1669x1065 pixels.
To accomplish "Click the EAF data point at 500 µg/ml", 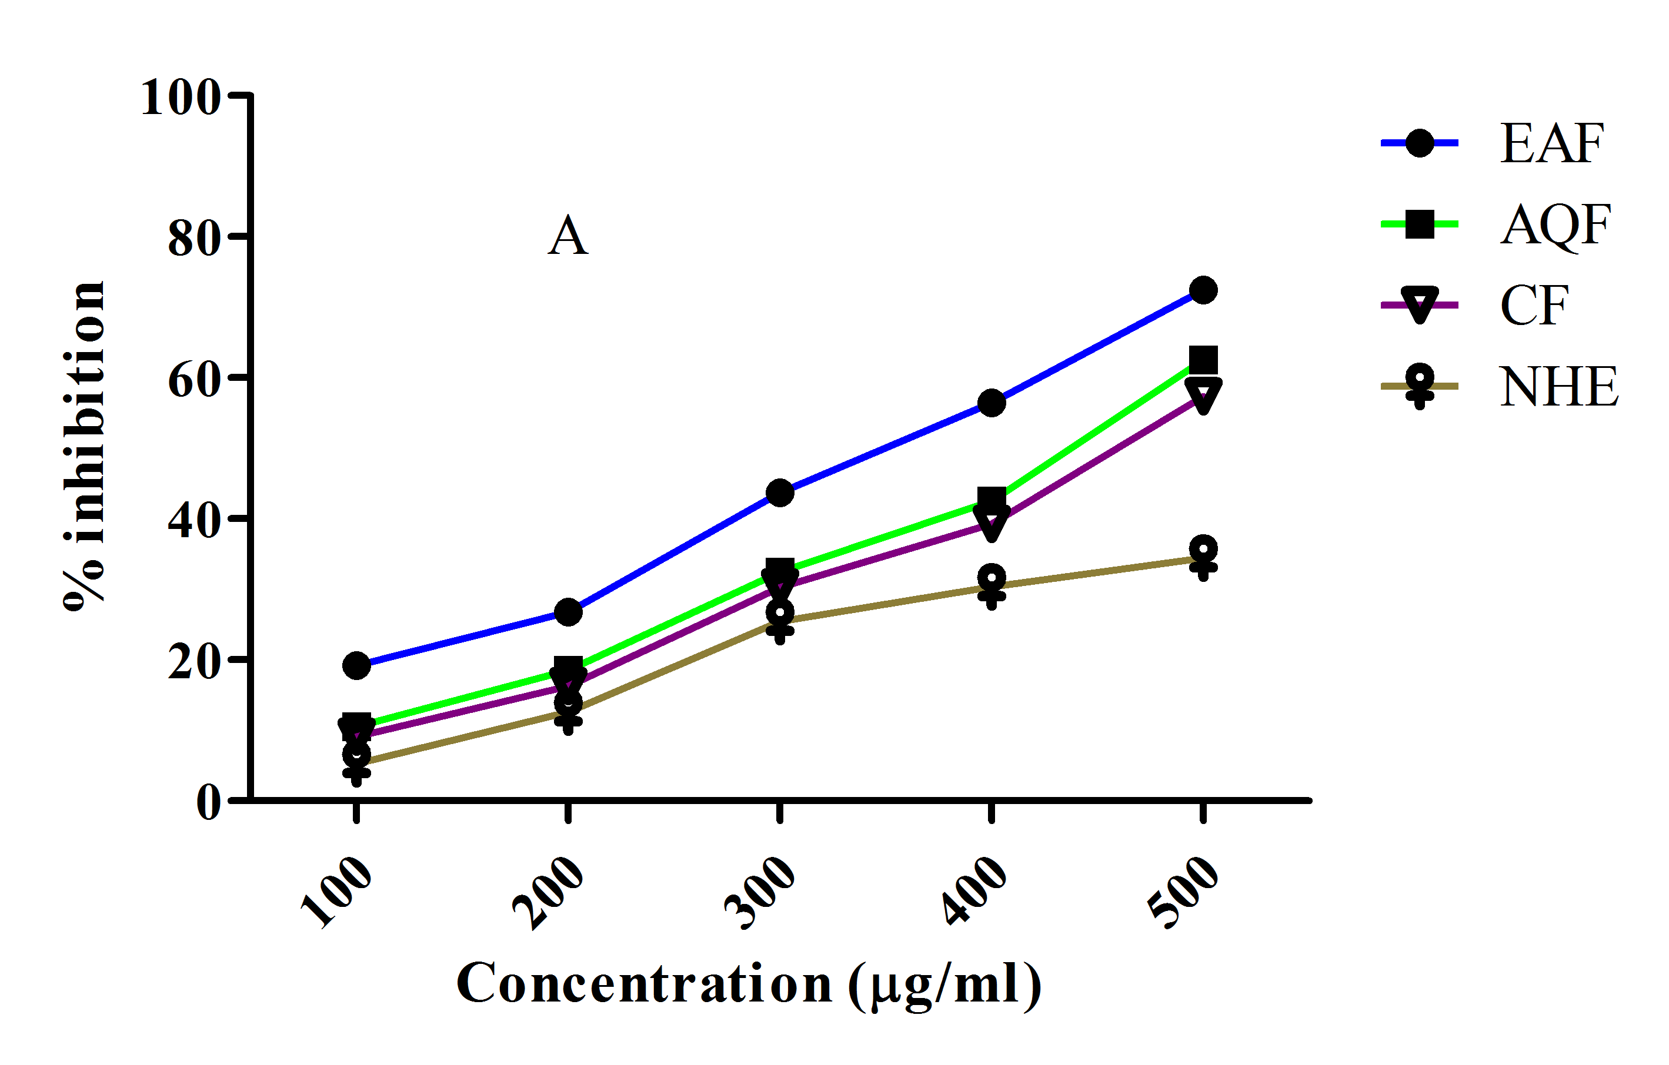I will [x=1203, y=290].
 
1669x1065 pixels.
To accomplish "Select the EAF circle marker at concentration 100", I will [x=356, y=665].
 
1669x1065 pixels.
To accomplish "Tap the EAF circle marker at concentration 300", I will [x=780, y=493].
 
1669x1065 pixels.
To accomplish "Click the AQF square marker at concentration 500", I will [x=1203, y=360].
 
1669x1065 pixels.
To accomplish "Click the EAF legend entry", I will [x=1551, y=143].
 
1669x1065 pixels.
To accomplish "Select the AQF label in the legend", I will [x=1555, y=225].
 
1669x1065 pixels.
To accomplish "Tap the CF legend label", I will [x=1534, y=306].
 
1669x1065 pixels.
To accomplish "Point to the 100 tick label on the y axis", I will [x=180, y=98].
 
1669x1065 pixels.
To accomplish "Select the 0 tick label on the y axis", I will [x=208, y=802].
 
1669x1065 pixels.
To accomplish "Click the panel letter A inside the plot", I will [x=568, y=236].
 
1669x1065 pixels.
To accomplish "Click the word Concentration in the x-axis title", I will [x=644, y=984].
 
